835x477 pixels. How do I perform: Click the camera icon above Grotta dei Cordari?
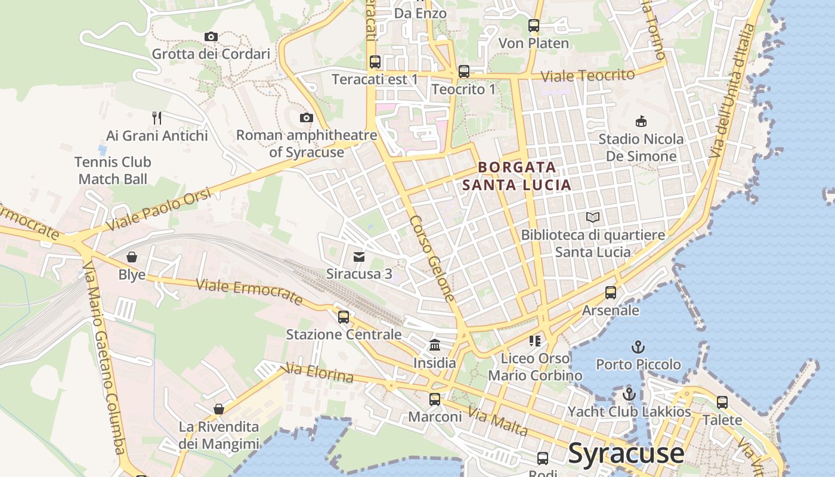click(211, 37)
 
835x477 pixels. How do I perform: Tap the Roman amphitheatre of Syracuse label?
click(307, 144)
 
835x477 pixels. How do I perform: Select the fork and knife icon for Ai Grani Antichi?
click(157, 117)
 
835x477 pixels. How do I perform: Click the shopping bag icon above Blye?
click(131, 257)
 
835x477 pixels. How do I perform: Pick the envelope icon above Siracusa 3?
click(358, 257)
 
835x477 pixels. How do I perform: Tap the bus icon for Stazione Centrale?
click(343, 317)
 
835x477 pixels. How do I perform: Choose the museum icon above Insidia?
click(435, 345)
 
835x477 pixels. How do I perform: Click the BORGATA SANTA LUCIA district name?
click(517, 176)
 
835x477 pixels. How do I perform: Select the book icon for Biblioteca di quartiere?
click(593, 218)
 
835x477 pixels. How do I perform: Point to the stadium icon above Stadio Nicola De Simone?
click(641, 122)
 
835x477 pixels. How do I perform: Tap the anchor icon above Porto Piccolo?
click(638, 346)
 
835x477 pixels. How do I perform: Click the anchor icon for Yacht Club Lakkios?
click(629, 394)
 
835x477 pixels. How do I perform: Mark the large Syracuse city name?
click(626, 453)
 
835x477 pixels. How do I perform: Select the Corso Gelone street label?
click(432, 258)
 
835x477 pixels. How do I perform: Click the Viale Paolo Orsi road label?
click(159, 210)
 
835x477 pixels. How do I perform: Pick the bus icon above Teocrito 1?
click(463, 72)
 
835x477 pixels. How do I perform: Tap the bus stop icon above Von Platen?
click(533, 26)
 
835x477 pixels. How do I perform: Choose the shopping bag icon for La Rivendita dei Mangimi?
click(219, 409)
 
